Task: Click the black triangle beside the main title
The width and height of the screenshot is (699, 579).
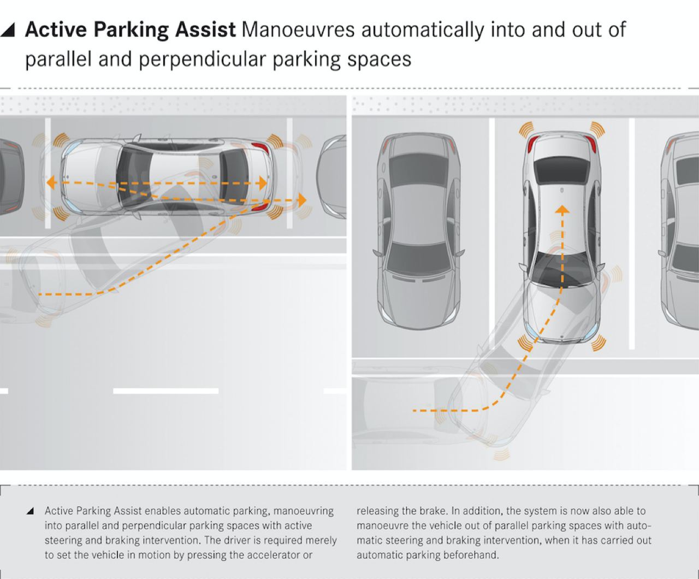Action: click(x=8, y=30)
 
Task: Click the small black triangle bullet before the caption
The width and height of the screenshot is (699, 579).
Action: click(x=31, y=511)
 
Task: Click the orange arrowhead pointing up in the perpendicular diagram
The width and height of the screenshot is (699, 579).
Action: click(x=562, y=209)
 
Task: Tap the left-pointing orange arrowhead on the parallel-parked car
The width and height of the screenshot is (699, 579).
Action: click(x=51, y=182)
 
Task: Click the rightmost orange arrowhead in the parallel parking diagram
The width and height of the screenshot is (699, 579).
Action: click(x=301, y=200)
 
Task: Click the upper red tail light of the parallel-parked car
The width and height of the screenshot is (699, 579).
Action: click(x=260, y=148)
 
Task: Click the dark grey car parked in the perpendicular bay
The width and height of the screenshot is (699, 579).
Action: click(x=419, y=229)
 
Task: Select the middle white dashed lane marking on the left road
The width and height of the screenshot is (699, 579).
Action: click(x=165, y=391)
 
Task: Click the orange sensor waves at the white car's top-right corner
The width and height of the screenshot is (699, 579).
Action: click(x=597, y=129)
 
